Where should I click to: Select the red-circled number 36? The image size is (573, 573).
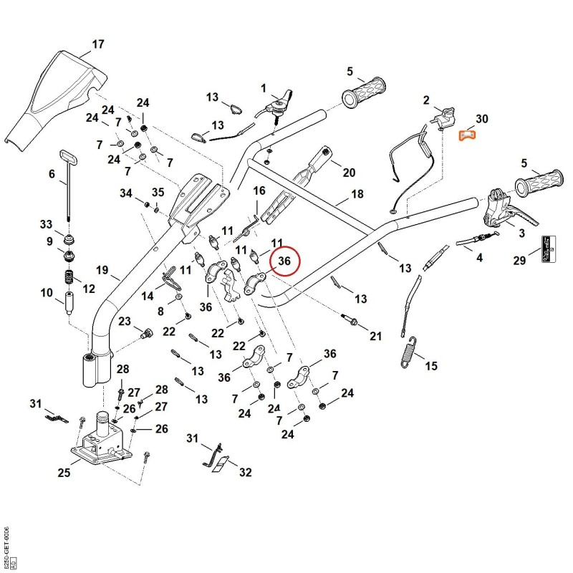tap(284, 261)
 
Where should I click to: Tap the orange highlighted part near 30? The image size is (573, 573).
tap(467, 135)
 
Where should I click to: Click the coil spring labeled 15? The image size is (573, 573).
tap(408, 352)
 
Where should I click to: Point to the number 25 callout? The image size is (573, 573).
tap(64, 473)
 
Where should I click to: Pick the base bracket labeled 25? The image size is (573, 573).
tap(100, 440)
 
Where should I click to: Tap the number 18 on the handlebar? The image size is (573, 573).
tap(357, 193)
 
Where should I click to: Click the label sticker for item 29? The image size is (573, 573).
tap(548, 249)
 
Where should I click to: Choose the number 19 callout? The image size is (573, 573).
tap(102, 270)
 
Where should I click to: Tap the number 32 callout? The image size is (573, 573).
tap(245, 472)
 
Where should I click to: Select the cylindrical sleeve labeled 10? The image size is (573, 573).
tap(69, 303)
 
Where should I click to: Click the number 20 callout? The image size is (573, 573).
tap(349, 172)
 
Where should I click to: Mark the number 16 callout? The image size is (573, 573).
tap(259, 191)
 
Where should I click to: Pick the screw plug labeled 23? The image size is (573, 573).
tap(147, 333)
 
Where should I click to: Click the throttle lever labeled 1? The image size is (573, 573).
tap(278, 104)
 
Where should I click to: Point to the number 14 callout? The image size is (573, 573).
tap(148, 296)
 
